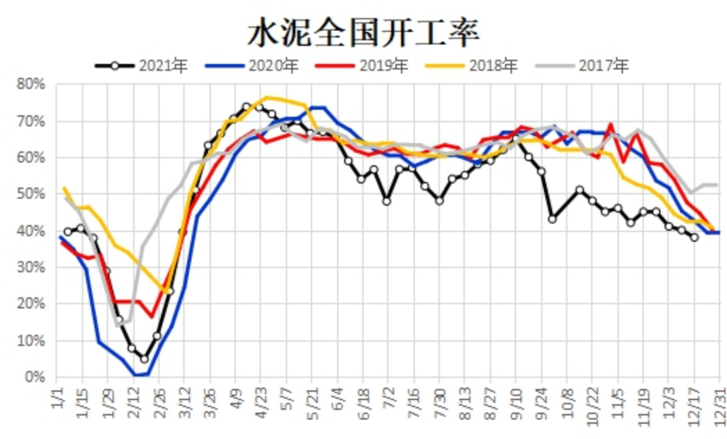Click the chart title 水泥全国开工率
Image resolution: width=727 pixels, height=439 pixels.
click(x=363, y=32)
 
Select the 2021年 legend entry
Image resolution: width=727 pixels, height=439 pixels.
click(x=142, y=66)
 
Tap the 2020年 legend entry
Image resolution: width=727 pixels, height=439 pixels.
click(x=252, y=66)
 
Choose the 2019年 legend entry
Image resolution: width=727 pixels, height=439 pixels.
click(x=363, y=66)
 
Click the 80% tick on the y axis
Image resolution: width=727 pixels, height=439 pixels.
click(x=31, y=85)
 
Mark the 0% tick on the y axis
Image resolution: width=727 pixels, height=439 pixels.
click(x=35, y=377)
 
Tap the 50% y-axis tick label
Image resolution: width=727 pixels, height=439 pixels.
click(x=31, y=195)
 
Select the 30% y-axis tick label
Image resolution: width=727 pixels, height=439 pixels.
click(x=31, y=267)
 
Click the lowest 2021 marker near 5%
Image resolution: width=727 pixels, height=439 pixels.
click(x=144, y=359)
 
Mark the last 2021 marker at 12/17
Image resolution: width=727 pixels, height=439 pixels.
click(x=694, y=237)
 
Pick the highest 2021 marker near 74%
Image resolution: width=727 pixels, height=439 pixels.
click(x=246, y=106)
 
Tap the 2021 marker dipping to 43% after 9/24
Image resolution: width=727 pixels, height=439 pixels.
click(x=553, y=219)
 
